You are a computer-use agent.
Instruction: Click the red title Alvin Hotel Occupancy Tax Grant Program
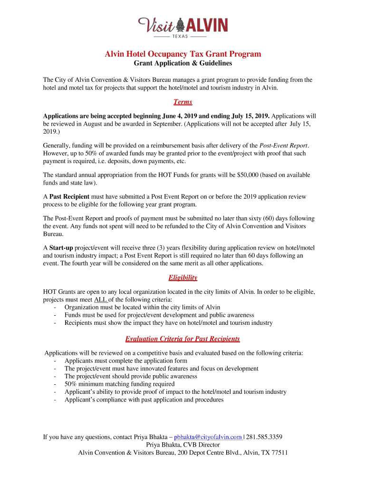click(183, 54)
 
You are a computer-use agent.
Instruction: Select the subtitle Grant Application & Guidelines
click(183, 63)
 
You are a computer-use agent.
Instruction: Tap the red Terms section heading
click(183, 102)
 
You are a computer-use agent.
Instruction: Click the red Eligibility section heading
click(183, 278)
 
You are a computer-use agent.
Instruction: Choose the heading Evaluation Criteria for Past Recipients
click(183, 339)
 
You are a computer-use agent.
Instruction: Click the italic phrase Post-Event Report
click(284, 146)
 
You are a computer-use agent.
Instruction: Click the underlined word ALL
click(101, 300)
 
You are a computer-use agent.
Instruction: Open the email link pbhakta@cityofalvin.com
click(208, 437)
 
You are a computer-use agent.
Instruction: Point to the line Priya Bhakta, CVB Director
click(183, 445)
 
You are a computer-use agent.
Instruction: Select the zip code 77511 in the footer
click(279, 453)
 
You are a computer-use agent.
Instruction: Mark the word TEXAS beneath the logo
click(183, 36)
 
